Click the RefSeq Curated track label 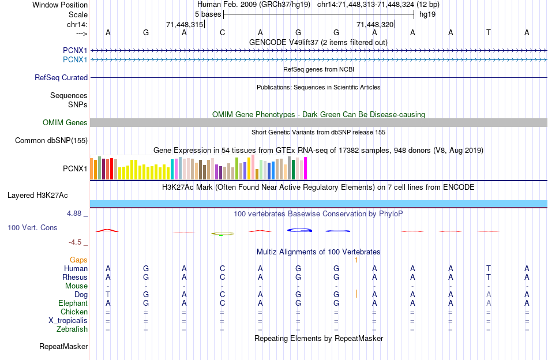[x=61, y=77]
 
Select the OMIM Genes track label [x=65, y=122]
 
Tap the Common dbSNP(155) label [x=51, y=140]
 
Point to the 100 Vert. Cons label [x=32, y=228]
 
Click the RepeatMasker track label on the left [x=63, y=347]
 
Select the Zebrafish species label [x=73, y=329]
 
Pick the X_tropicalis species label [x=68, y=321]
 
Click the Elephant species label [x=73, y=303]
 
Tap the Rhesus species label [x=75, y=277]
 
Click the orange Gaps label [x=78, y=260]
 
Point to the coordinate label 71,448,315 [x=185, y=25]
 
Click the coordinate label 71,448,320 [x=375, y=25]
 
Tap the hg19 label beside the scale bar [x=427, y=13]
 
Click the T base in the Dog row [x=108, y=294]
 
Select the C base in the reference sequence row [x=222, y=32]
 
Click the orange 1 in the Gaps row [x=356, y=260]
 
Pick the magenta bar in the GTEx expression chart [x=305, y=168]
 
